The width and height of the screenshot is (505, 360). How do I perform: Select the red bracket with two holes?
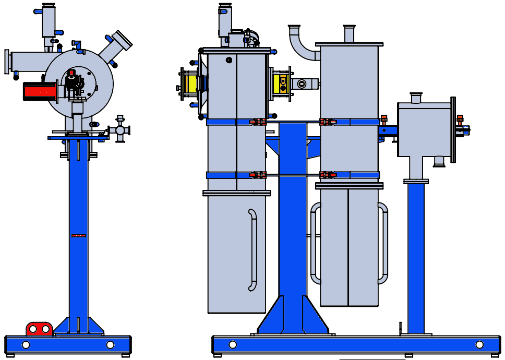[x=39, y=329]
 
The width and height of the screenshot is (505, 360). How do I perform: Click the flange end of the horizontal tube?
[x=7, y=62]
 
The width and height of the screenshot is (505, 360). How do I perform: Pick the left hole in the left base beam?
[x=26, y=345]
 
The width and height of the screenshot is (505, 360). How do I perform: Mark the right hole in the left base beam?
[x=110, y=345]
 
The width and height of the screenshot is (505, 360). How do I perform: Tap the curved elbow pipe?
[x=302, y=44]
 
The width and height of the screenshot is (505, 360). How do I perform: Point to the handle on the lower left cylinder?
[x=253, y=250]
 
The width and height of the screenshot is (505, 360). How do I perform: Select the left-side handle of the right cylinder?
[x=314, y=243]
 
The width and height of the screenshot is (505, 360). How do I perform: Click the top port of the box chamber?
[x=416, y=98]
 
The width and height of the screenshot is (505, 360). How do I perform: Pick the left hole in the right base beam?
[x=232, y=345]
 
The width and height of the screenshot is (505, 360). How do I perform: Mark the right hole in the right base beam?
[x=479, y=345]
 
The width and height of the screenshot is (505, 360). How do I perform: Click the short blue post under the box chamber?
[x=416, y=258]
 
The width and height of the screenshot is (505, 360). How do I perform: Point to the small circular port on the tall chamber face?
[x=229, y=60]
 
